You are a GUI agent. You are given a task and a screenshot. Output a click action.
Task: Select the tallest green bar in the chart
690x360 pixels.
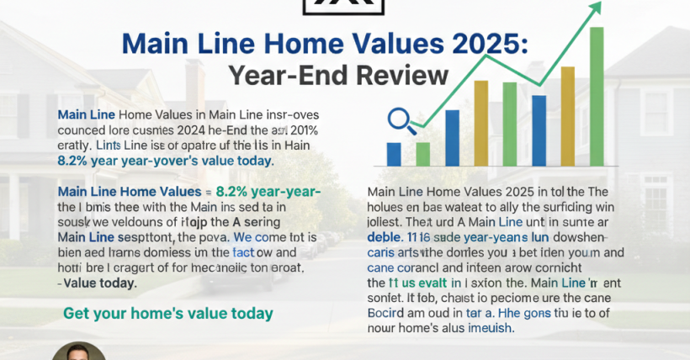click(597, 96)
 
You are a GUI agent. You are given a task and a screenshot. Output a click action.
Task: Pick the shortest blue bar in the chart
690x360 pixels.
click(393, 153)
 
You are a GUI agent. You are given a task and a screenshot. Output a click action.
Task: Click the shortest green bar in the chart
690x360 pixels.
click(422, 153)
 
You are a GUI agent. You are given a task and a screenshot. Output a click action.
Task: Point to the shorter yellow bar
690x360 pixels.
click(481, 123)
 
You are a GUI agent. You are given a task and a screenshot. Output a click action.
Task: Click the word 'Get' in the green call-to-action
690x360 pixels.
click(77, 314)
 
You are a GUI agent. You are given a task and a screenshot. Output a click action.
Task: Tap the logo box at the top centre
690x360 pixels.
click(345, 8)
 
